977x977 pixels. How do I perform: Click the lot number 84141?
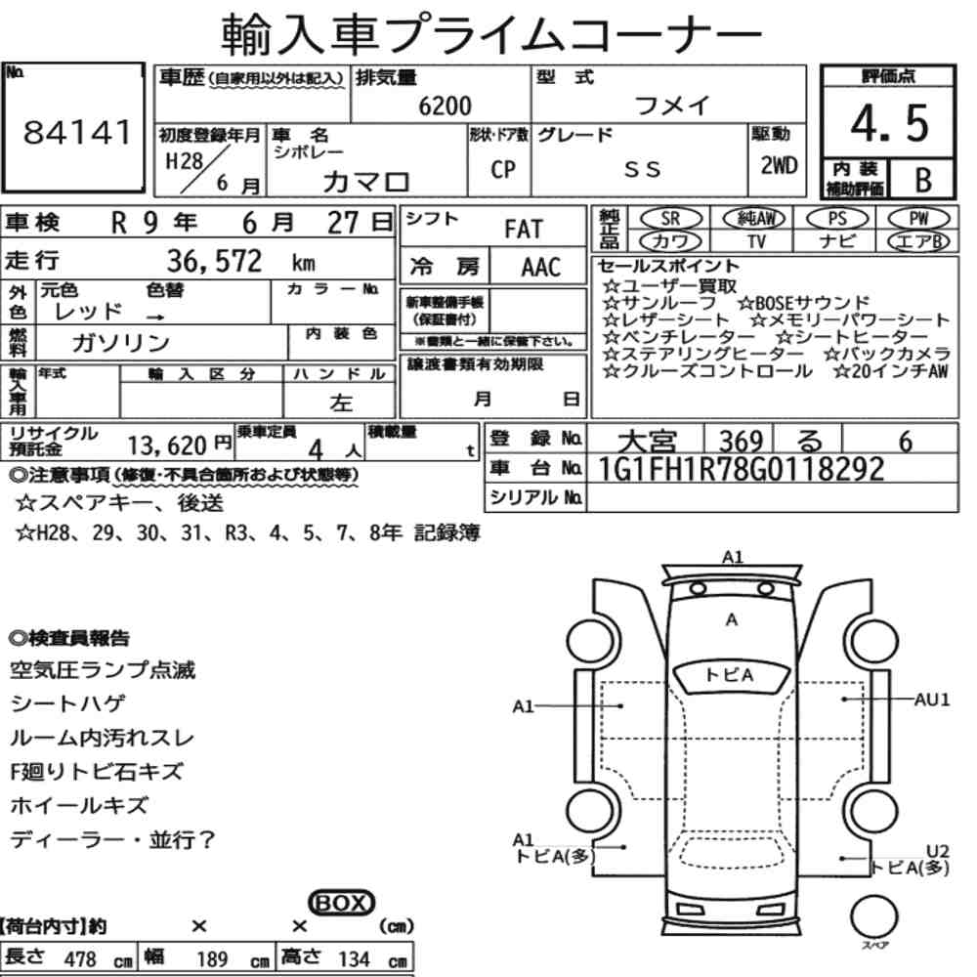coord(77,132)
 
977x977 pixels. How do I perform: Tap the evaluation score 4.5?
coord(889,123)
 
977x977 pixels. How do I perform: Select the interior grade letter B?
coord(923,180)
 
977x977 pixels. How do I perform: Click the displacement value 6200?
coord(445,106)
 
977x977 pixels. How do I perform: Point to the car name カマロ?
coord(365,182)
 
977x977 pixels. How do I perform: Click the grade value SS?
coord(643,169)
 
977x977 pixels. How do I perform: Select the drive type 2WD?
coord(779,165)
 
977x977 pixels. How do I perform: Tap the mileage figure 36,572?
coord(214,261)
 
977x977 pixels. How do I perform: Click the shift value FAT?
coord(524,230)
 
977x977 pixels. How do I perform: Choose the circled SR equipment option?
coord(670,219)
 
